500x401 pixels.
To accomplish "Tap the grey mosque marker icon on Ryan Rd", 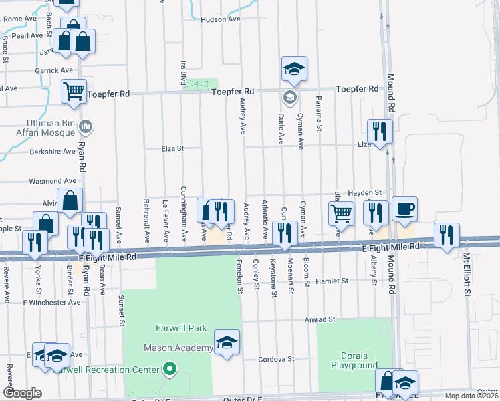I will (86, 126).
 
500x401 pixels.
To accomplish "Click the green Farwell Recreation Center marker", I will (169, 369).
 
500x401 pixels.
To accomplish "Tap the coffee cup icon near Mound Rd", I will (404, 209).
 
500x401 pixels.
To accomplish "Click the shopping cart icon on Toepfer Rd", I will (74, 90).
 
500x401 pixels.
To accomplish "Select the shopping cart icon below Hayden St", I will (341, 213).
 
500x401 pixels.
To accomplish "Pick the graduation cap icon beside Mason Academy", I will (227, 342).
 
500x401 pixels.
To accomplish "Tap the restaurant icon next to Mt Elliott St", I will (446, 234).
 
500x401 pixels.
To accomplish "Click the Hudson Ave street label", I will (220, 20).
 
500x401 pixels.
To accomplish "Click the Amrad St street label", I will (320, 320).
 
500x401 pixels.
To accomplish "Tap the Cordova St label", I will (277, 359).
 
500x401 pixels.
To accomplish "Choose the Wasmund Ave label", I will (53, 181).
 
